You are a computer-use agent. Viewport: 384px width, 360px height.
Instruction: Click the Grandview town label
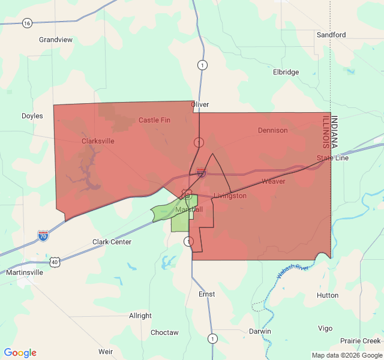tap(55, 40)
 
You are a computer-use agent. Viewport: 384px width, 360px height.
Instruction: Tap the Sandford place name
tap(331, 35)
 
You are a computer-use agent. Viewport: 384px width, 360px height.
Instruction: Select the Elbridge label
tap(286, 72)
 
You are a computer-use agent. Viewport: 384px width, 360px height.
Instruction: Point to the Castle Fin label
tap(154, 120)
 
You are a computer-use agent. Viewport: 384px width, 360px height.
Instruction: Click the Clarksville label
tap(97, 141)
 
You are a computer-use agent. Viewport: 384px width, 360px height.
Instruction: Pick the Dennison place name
tap(272, 130)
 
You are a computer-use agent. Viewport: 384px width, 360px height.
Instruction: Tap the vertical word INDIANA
tap(335, 132)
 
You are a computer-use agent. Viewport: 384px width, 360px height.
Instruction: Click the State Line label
tap(332, 158)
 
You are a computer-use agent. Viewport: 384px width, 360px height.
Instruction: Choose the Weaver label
tap(273, 181)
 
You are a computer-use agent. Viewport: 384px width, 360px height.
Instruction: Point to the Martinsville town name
tap(24, 272)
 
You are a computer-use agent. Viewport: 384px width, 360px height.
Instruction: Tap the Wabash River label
tap(292, 271)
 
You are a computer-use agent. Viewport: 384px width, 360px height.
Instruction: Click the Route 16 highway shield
tap(27, 23)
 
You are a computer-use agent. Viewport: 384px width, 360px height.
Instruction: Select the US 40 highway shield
tap(55, 262)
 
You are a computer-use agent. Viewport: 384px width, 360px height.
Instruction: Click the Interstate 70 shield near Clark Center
tap(43, 236)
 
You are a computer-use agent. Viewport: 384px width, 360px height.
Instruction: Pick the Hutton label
tap(328, 295)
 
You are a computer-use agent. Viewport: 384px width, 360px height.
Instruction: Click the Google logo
tap(20, 353)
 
